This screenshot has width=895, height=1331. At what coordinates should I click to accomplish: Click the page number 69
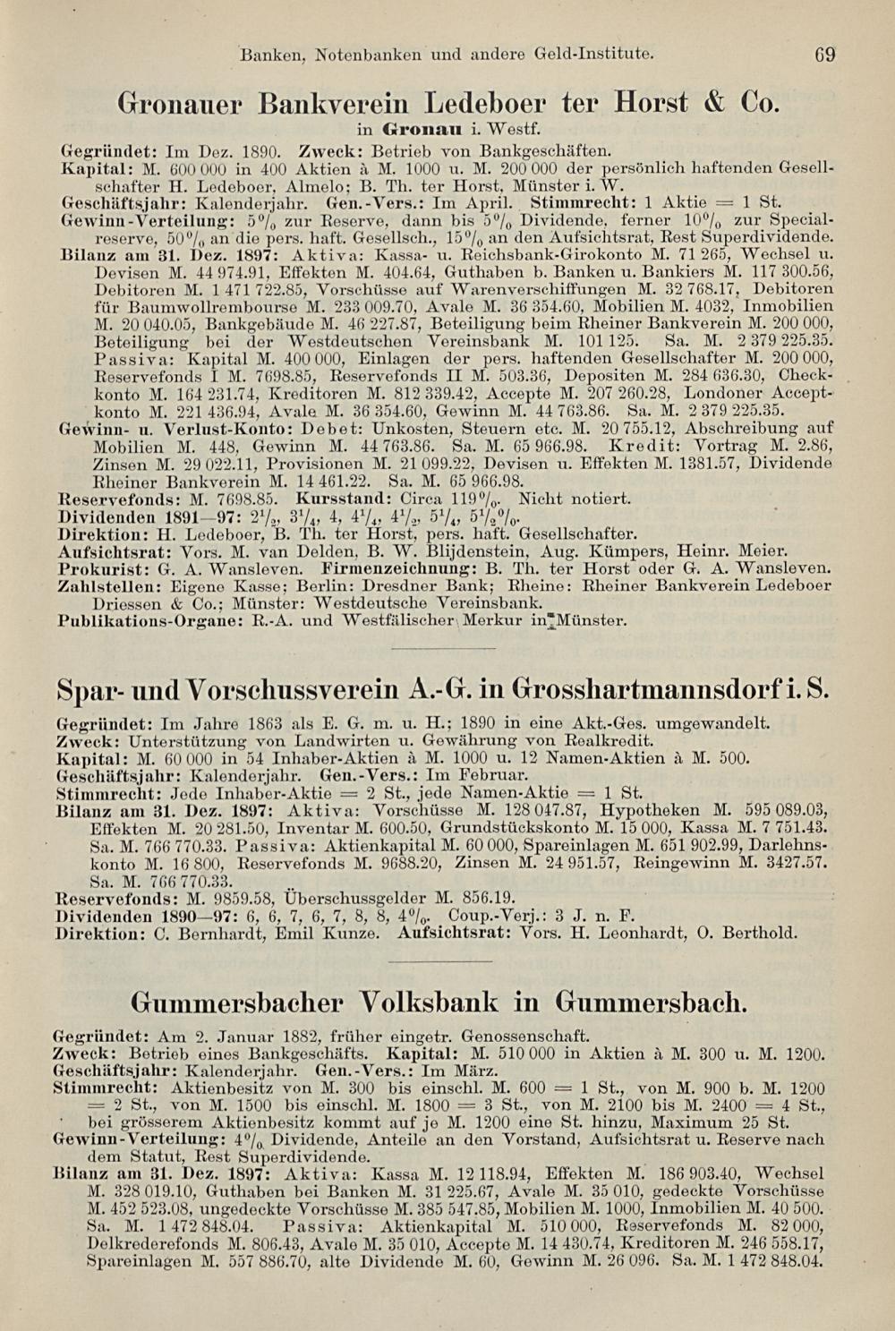(824, 54)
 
